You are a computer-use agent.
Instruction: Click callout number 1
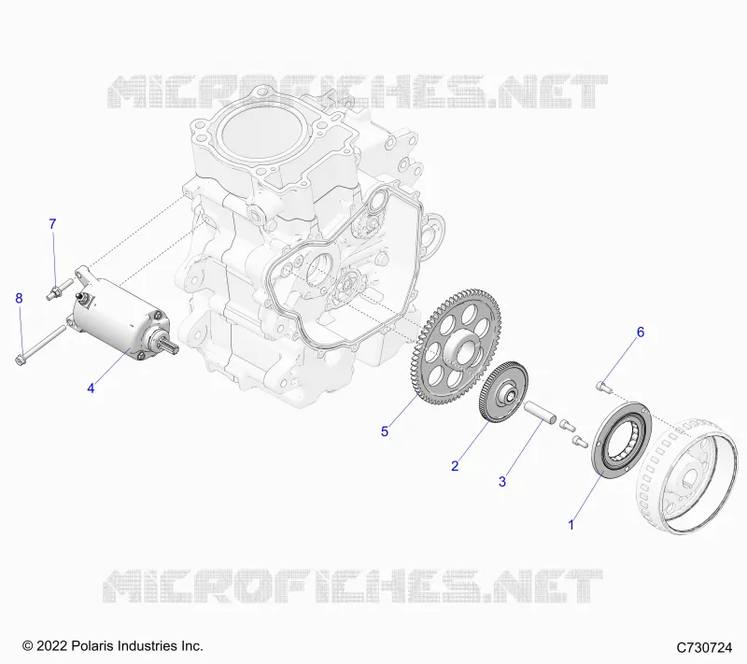[571, 525]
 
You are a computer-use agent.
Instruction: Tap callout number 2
[455, 466]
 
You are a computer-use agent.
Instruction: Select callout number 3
[502, 482]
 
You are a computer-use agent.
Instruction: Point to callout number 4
[91, 389]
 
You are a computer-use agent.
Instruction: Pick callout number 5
[385, 431]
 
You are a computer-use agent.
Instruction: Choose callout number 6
[641, 332]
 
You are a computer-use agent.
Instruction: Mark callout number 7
[52, 224]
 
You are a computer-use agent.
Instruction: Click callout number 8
[19, 298]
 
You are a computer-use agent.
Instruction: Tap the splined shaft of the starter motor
[171, 345]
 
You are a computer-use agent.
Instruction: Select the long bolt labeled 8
[40, 345]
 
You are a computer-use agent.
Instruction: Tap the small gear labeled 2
[503, 391]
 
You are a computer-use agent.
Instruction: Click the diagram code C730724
[704, 648]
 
